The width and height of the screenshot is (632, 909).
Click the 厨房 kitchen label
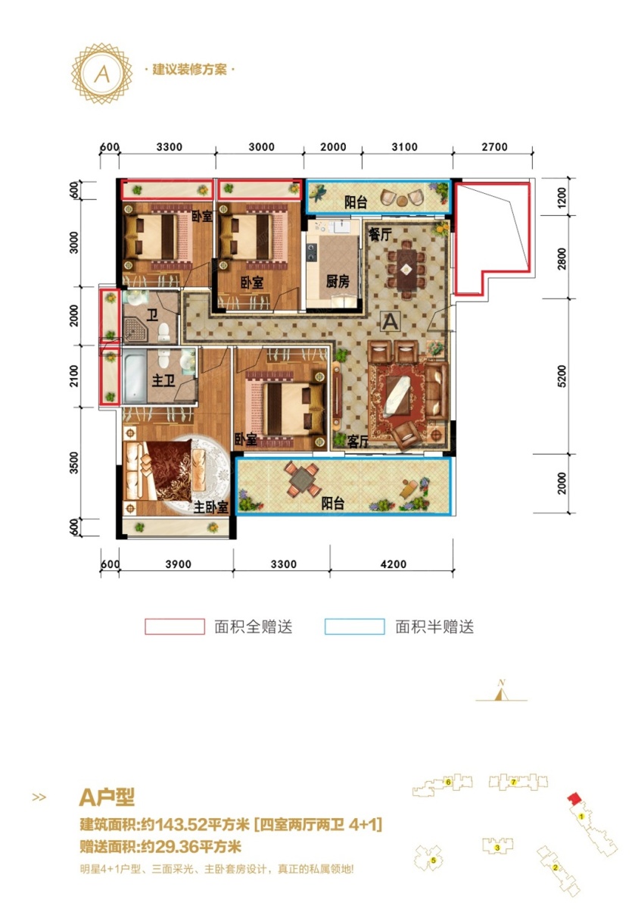pos(338,281)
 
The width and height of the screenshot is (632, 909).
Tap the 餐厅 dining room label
pos(380,234)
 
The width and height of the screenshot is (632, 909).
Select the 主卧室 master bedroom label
pos(211,507)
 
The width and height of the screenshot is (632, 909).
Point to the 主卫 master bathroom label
pos(163,380)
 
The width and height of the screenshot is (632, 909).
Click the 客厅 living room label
pos(357,442)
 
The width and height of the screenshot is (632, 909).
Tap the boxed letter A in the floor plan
pos(391,322)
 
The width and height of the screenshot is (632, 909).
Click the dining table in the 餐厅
pos(406,269)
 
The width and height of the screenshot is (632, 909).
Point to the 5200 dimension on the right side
pos(562,376)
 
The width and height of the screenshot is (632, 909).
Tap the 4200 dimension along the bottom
pos(394,564)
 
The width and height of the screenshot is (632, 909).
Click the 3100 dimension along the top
pos(404,147)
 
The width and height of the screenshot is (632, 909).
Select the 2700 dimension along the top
pos(494,147)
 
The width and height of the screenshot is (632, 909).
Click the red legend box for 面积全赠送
pos(175,626)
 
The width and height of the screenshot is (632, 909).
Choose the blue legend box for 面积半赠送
pos(355,626)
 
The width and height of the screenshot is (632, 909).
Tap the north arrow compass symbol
pos(502,692)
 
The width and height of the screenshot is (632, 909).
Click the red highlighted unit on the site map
pos(573,796)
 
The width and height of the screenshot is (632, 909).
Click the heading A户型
pos(107,798)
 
